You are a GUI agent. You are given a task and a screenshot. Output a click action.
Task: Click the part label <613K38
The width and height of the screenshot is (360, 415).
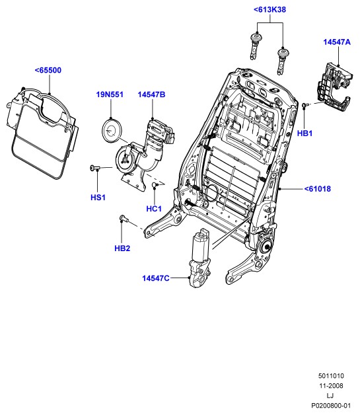[x=270, y=9]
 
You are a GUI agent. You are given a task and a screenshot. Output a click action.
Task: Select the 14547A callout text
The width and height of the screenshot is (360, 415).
[x=337, y=42]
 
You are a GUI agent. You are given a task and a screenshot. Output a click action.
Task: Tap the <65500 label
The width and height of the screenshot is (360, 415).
[x=48, y=70]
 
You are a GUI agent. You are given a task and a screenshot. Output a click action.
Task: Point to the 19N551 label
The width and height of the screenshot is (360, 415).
[x=110, y=94]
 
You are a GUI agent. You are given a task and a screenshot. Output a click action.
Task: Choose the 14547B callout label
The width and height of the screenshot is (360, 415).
[x=151, y=94]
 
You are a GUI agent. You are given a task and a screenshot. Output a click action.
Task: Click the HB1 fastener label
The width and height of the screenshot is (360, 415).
[x=305, y=133]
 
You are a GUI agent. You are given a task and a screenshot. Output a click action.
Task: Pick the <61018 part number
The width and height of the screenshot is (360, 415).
[x=318, y=189]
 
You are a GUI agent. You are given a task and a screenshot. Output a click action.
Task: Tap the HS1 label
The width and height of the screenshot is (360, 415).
[x=98, y=197]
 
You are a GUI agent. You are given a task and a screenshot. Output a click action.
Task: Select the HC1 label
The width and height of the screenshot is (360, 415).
[x=154, y=209]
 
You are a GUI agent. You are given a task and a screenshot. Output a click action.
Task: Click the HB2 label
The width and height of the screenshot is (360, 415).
[x=122, y=248]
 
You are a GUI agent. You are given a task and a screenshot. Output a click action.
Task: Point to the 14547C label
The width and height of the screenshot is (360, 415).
[x=155, y=278]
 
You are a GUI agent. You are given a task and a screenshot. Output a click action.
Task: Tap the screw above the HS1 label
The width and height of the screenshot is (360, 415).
[x=94, y=168]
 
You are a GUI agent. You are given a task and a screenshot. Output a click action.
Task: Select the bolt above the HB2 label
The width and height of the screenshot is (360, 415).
[x=124, y=219]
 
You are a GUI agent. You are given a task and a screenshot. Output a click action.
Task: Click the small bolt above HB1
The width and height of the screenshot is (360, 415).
[x=305, y=106]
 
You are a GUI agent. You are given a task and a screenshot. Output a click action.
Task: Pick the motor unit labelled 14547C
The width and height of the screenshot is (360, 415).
[x=199, y=258]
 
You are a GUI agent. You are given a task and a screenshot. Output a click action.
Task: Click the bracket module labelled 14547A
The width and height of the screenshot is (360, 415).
[x=335, y=87]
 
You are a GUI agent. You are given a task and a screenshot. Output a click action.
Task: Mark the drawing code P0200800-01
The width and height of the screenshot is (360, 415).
[x=331, y=406]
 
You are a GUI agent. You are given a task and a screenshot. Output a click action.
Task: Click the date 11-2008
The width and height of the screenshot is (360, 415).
[x=331, y=386]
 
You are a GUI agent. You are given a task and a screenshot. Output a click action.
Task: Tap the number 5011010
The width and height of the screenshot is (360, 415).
[x=331, y=376]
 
